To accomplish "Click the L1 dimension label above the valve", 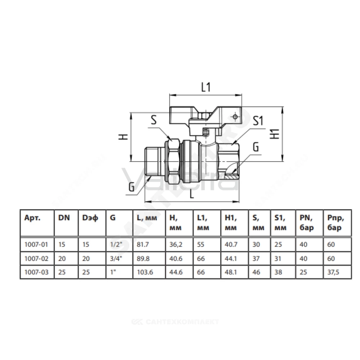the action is coord(206,87).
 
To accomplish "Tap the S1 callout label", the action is coord(258,121).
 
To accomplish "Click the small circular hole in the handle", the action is coord(235,117).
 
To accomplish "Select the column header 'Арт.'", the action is coord(32,218).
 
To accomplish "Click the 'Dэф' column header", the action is coord(90,218).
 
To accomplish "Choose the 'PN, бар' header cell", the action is coord(306,223).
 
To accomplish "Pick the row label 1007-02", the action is coord(36,259).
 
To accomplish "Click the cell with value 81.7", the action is coord(143,244).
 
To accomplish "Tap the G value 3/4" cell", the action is coord(116,259).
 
